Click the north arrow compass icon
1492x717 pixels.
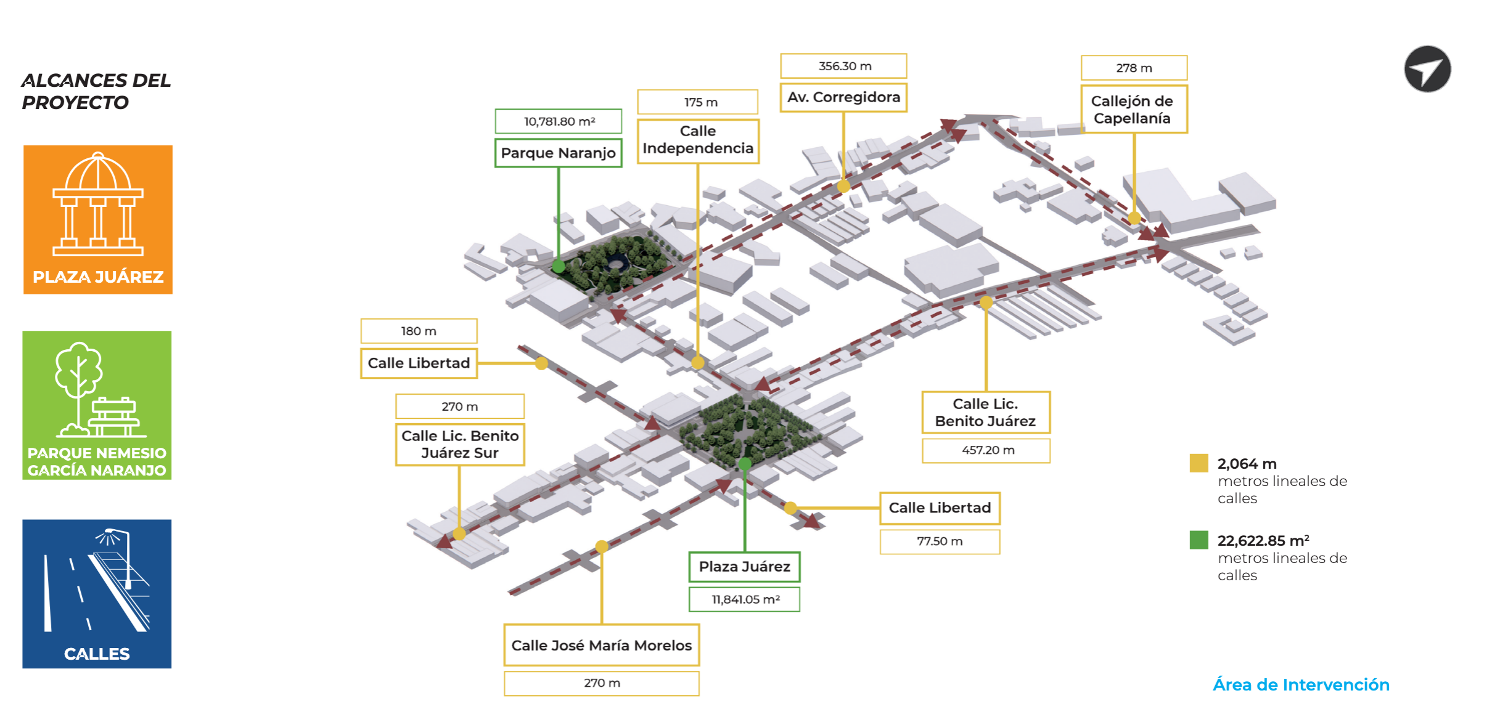tap(1427, 69)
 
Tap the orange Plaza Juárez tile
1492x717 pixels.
tap(98, 219)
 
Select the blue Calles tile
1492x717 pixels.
tap(97, 593)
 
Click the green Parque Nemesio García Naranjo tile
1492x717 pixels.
tap(97, 405)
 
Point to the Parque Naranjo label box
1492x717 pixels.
tap(558, 153)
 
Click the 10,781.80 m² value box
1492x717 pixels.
tap(558, 121)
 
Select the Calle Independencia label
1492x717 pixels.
tap(698, 140)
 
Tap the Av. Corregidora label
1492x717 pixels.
tap(843, 97)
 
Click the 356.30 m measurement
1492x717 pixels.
tap(843, 66)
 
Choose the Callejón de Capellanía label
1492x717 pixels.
tap(1133, 110)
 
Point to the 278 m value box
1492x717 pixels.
tap(1133, 68)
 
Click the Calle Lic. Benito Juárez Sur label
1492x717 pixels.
tap(460, 444)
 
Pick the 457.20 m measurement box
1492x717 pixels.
tap(986, 450)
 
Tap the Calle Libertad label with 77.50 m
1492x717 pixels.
tap(940, 508)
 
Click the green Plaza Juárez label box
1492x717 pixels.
tap(744, 567)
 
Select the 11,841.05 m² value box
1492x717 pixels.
tap(744, 599)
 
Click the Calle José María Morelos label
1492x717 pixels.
tap(601, 646)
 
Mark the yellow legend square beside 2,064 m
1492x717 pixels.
tap(1199, 463)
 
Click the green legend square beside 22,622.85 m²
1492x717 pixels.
tap(1199, 540)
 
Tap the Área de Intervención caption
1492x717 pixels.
tap(1301, 685)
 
